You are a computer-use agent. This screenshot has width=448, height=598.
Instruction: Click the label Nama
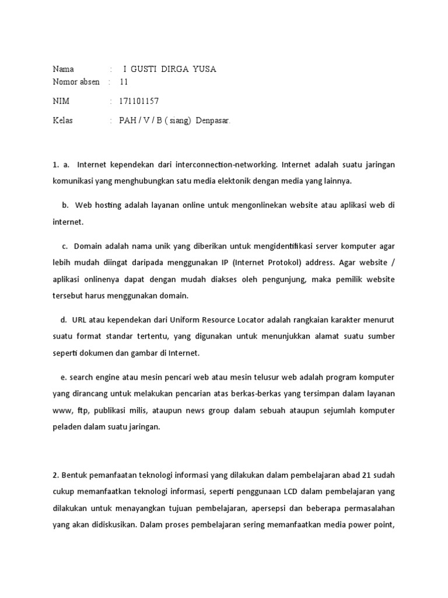[64, 69]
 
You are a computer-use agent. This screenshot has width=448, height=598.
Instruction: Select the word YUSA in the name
[205, 69]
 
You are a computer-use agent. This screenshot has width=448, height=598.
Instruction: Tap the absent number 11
[124, 82]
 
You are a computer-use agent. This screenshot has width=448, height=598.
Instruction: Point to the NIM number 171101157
[139, 101]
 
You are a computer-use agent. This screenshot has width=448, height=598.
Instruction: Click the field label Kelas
[63, 120]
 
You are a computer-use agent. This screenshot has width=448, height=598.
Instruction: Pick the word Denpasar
[213, 120]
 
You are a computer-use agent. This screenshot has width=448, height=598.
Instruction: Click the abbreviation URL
[80, 320]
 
